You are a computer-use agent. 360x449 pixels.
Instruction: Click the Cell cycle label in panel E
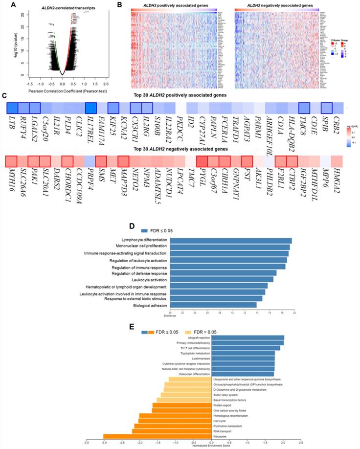(x=219, y=421)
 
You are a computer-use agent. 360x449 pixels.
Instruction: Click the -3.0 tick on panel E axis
(x=103, y=442)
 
